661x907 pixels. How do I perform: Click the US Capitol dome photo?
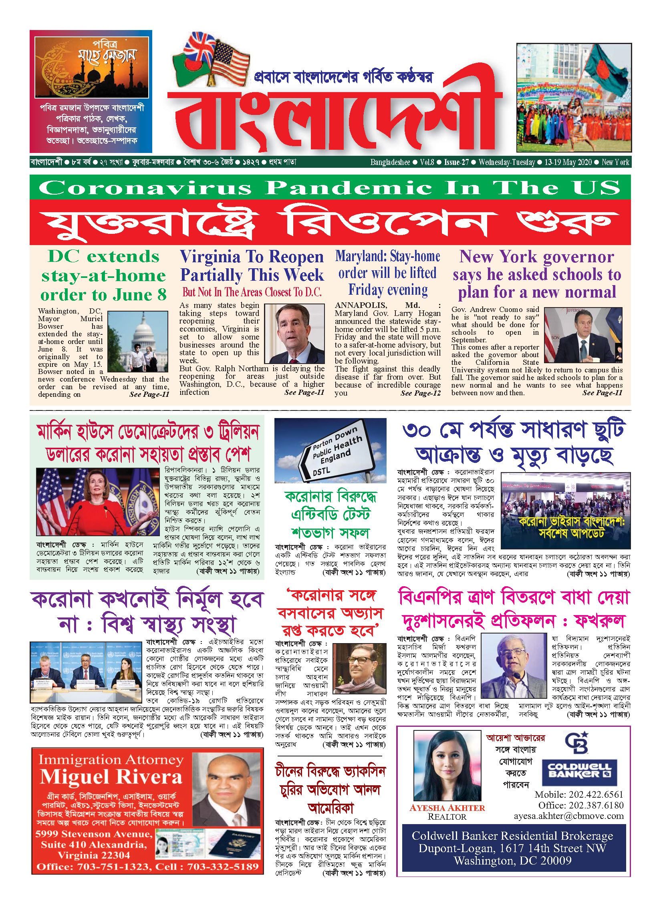pyautogui.click(x=138, y=341)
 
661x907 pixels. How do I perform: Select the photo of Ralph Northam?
pyautogui.click(x=294, y=334)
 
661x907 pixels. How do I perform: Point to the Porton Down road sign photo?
pyautogui.click(x=330, y=450)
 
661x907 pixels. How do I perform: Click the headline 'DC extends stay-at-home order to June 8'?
pyautogui.click(x=103, y=276)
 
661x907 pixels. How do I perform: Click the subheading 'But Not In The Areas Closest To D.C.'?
pyautogui.click(x=252, y=292)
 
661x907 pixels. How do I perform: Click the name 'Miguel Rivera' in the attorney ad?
pyautogui.click(x=111, y=776)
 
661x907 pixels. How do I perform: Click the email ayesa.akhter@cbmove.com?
pyautogui.click(x=569, y=816)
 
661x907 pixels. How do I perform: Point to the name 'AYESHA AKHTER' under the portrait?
pyautogui.click(x=447, y=808)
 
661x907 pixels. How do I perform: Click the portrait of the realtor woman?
pyautogui.click(x=447, y=766)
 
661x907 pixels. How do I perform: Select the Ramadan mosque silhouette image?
pyautogui.click(x=92, y=67)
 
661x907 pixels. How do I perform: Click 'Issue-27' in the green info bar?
pyautogui.click(x=456, y=162)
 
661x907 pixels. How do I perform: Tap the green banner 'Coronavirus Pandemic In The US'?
pyautogui.click(x=330, y=187)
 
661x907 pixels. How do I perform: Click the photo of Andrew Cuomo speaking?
pyautogui.click(x=583, y=335)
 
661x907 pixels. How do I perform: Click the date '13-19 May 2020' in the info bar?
pyautogui.click(x=568, y=162)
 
